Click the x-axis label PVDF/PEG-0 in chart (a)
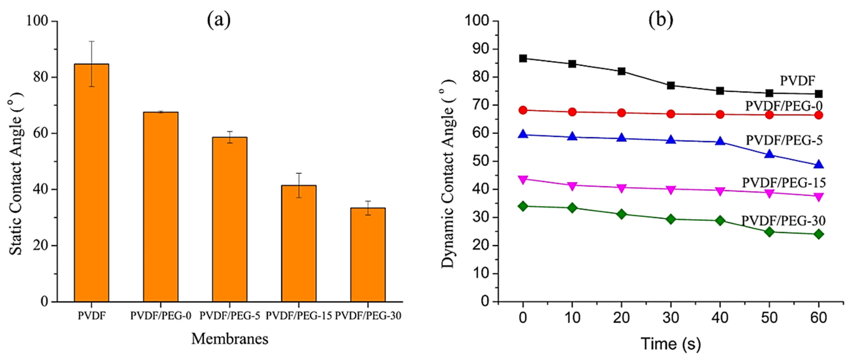click(x=160, y=316)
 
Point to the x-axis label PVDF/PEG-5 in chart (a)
click(x=230, y=316)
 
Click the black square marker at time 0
click(x=523, y=58)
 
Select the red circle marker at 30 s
click(x=671, y=114)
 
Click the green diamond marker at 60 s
click(x=819, y=234)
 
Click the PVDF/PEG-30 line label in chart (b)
click(x=783, y=220)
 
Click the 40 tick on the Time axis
click(x=720, y=318)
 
